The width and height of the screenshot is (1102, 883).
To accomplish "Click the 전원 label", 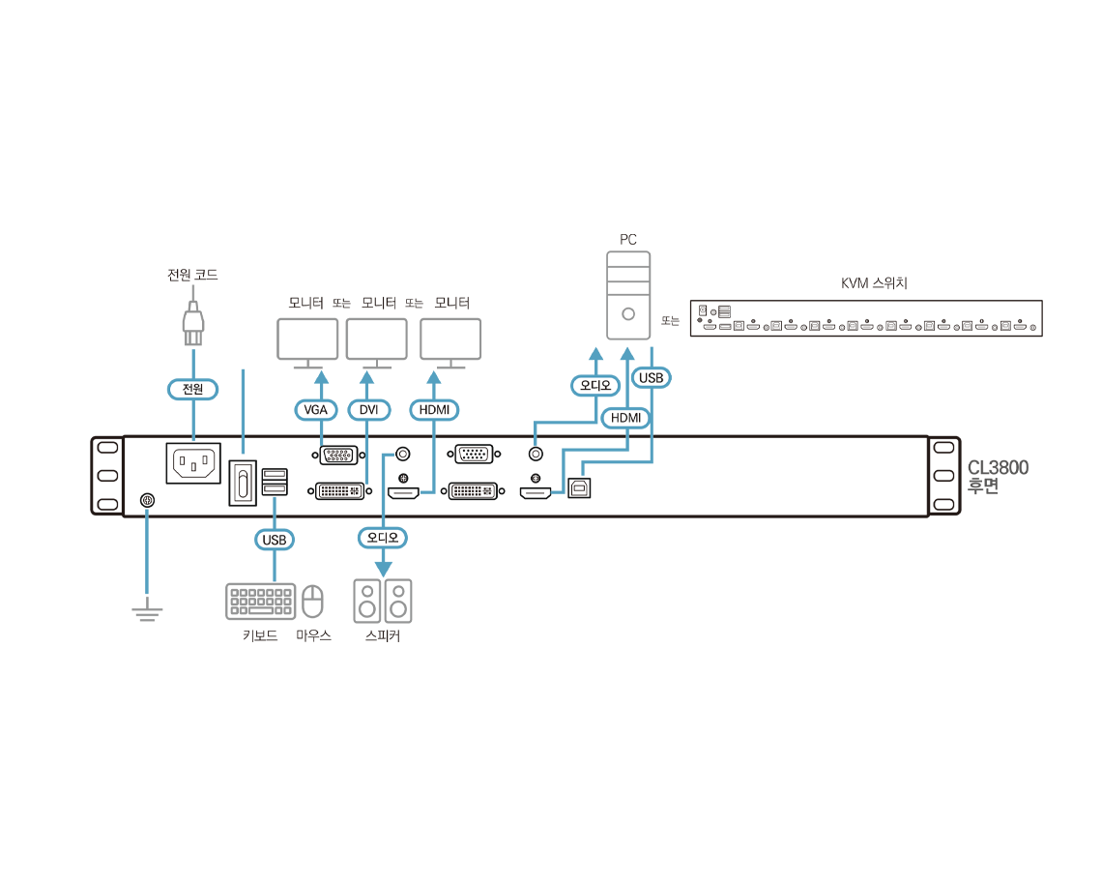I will click(x=192, y=389).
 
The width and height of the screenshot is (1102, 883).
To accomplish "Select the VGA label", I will click(x=315, y=410).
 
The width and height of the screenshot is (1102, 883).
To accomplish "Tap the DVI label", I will click(x=368, y=410).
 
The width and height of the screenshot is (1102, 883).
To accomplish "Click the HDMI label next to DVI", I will click(x=434, y=410).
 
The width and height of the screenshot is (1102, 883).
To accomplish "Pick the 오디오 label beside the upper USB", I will click(x=594, y=385).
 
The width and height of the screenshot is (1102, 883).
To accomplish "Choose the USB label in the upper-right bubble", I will click(x=651, y=378).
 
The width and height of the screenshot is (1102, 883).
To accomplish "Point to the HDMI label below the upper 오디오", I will click(x=625, y=418).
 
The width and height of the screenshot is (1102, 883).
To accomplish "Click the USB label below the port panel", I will click(x=275, y=540).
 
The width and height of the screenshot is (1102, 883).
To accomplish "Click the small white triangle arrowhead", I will click(x=735, y=310).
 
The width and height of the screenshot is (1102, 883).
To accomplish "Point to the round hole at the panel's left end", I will click(x=147, y=499).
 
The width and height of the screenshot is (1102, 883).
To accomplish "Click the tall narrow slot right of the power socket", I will click(x=243, y=482).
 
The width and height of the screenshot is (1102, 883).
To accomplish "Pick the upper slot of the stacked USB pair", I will click(x=275, y=474).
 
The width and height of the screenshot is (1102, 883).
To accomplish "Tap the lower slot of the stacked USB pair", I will click(x=275, y=489).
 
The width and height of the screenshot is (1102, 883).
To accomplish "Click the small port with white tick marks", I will click(x=473, y=454).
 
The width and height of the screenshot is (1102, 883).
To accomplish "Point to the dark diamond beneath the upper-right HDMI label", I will click(x=638, y=439).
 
